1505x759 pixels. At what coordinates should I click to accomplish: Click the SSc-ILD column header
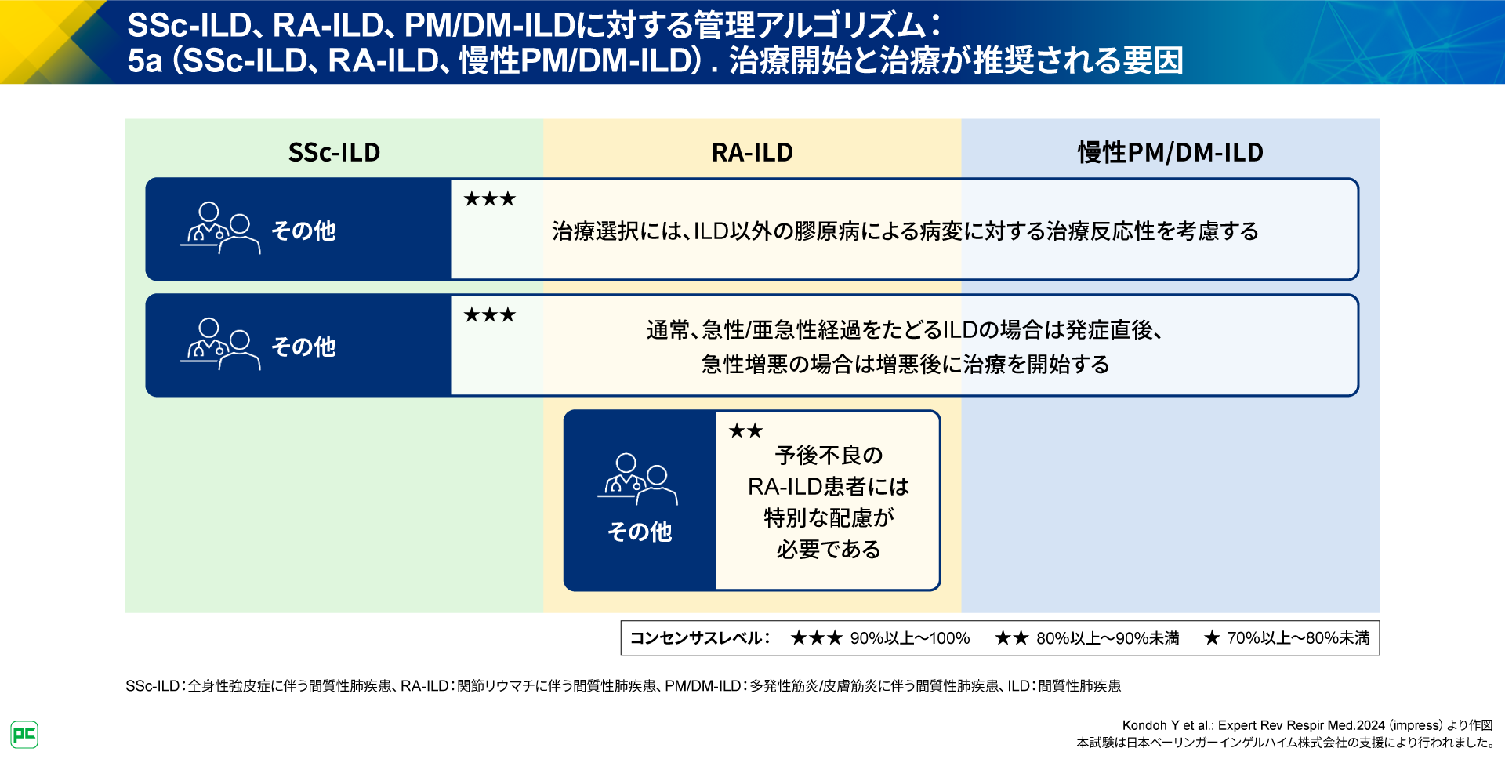click(334, 152)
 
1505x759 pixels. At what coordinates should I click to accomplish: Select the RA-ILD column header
click(752, 152)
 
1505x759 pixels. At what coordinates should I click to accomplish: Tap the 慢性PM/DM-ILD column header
click(1170, 152)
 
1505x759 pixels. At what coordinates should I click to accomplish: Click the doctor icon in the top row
click(220, 228)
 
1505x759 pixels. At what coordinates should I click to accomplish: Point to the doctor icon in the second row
click(220, 344)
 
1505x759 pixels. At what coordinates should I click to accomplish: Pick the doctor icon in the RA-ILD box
click(637, 479)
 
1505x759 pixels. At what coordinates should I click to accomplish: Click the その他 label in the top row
click(303, 231)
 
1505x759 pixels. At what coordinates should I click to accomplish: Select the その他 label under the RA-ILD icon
click(640, 532)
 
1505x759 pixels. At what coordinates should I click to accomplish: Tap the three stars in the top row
click(489, 199)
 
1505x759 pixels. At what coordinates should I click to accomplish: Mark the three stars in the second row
click(489, 315)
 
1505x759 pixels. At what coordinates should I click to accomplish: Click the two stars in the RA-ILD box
click(745, 431)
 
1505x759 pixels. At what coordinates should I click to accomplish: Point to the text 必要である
click(829, 550)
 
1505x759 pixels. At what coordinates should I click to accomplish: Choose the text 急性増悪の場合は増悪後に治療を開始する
click(905, 365)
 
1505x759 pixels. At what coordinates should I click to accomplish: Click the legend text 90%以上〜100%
click(909, 638)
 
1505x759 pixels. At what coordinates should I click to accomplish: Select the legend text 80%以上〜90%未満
click(1107, 638)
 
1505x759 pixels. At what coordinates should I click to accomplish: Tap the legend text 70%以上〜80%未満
click(1298, 638)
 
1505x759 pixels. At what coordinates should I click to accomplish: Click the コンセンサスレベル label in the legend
click(700, 638)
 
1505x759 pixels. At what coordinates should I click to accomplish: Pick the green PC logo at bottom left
click(24, 735)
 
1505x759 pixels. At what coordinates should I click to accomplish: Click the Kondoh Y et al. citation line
click(1307, 725)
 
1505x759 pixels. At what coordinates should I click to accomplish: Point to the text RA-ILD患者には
click(829, 487)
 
